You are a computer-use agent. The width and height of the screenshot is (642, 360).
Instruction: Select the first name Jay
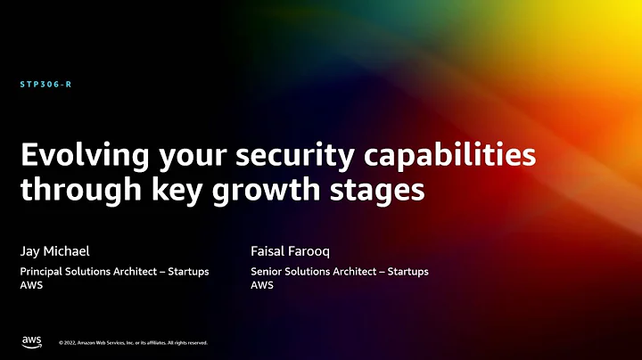(31, 251)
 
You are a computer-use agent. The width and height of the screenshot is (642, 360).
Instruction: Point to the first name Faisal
(268, 250)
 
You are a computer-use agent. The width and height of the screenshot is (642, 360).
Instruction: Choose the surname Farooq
(313, 251)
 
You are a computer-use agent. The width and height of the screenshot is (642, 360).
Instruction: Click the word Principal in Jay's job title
(44, 271)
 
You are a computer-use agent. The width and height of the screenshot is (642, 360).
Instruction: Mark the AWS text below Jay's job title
(32, 285)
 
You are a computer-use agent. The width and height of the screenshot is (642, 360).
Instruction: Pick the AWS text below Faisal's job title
(262, 285)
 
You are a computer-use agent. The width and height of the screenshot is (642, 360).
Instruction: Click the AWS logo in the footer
(31, 341)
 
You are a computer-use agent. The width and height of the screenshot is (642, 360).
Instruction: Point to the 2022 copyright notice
(133, 342)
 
